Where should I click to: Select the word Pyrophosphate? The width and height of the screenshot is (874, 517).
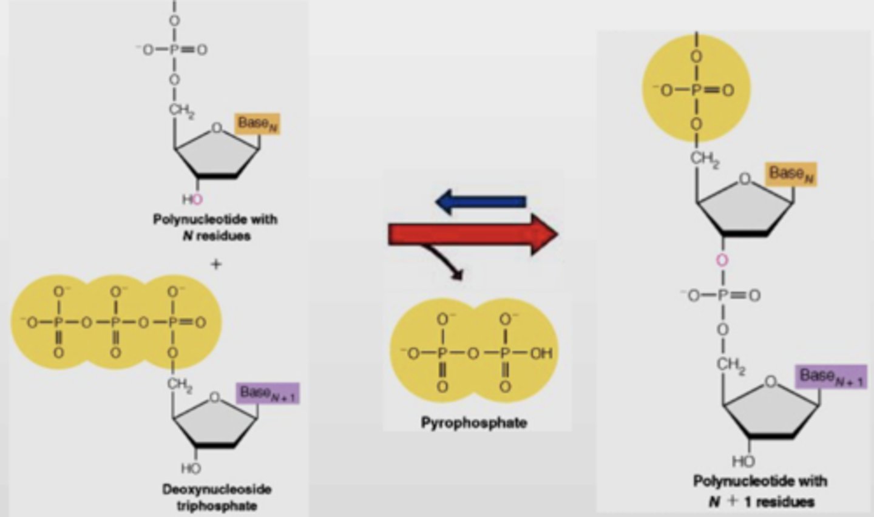pos(473,422)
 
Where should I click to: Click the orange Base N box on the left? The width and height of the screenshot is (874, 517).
pos(259,123)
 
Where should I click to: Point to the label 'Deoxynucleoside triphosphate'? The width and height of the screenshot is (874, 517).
pos(216,497)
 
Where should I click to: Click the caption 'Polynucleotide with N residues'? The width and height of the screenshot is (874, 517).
pos(215,227)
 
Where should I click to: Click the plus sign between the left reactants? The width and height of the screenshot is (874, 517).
pos(215,264)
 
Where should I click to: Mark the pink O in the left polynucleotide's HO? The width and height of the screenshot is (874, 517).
pos(198,199)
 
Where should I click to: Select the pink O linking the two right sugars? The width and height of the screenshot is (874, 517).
pos(722,261)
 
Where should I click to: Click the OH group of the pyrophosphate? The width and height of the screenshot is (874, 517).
pos(541,353)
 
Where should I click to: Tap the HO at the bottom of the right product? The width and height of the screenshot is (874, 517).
pos(743,461)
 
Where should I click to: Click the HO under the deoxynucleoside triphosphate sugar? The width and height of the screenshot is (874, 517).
pos(191,468)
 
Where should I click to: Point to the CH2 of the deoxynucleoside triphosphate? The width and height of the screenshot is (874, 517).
pos(180,384)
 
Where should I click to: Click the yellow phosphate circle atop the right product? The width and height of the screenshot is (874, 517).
pos(696,89)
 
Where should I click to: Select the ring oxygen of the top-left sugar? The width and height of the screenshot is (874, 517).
pos(216,128)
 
